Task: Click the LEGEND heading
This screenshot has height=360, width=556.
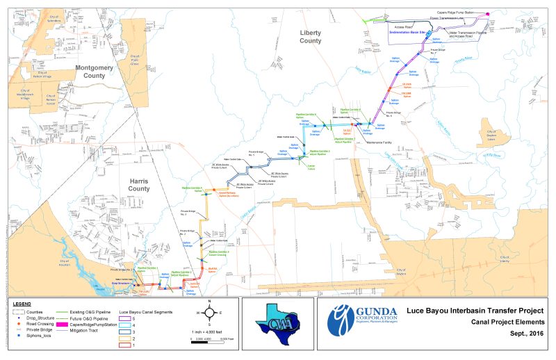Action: coord(22,304)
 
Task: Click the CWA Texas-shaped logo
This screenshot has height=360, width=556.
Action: coord(273,326)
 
